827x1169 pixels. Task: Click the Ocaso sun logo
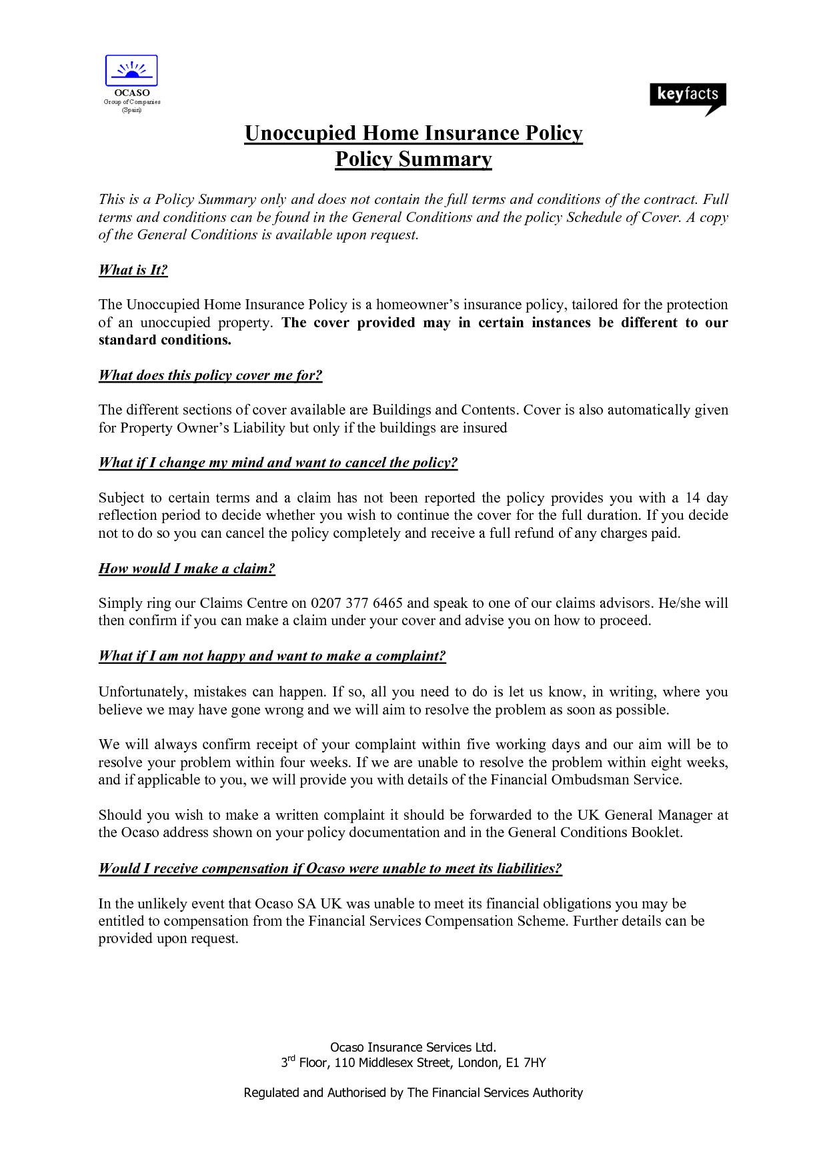pyautogui.click(x=131, y=70)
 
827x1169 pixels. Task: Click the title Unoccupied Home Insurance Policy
pyautogui.click(x=414, y=133)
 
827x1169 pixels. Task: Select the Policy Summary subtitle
pyautogui.click(x=414, y=159)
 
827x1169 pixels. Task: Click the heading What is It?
pyautogui.click(x=133, y=270)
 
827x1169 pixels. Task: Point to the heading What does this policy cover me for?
pyautogui.click(x=210, y=375)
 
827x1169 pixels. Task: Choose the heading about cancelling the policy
pyautogui.click(x=277, y=463)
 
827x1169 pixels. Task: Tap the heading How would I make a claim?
pyautogui.click(x=187, y=569)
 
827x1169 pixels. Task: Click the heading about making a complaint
pyautogui.click(x=271, y=656)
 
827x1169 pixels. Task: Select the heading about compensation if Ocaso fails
pyautogui.click(x=330, y=868)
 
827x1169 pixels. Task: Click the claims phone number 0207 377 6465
pyautogui.click(x=357, y=603)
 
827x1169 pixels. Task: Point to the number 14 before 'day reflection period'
pyautogui.click(x=693, y=498)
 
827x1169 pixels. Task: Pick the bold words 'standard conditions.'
pyautogui.click(x=165, y=340)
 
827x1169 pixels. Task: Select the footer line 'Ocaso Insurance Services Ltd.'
pyautogui.click(x=414, y=1047)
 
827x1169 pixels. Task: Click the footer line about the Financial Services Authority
pyautogui.click(x=414, y=1093)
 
